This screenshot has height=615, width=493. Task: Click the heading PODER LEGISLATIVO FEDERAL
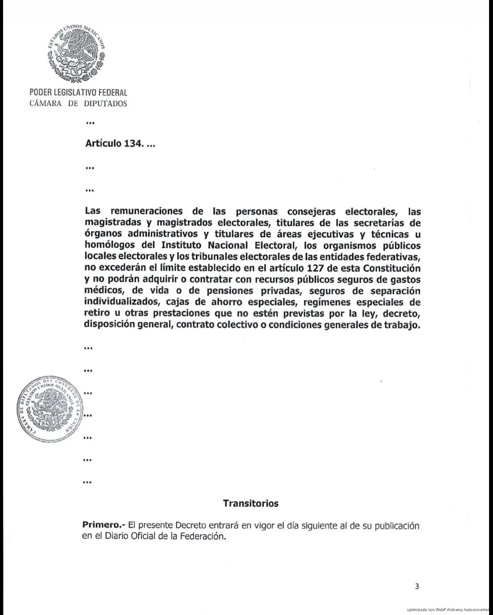click(78, 93)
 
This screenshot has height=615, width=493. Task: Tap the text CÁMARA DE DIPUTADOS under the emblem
click(78, 104)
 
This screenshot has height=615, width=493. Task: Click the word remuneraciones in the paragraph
click(148, 212)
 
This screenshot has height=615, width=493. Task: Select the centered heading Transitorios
click(251, 503)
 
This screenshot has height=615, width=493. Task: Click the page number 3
click(417, 586)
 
